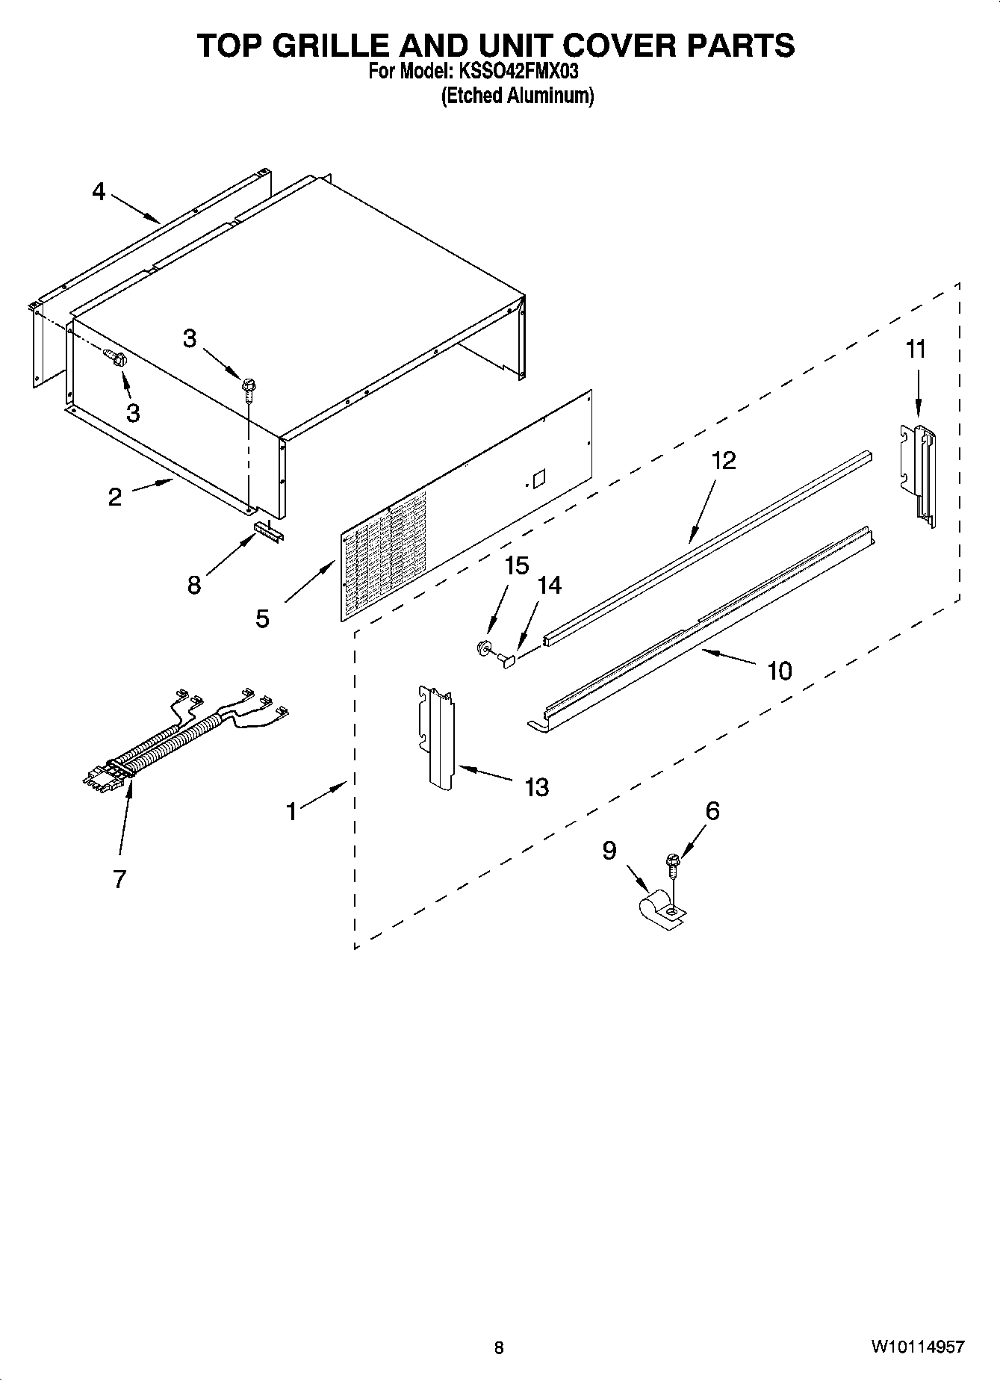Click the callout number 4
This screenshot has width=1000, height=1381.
click(x=99, y=192)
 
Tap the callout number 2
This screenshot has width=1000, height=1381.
click(x=114, y=497)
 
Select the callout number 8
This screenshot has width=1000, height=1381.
click(x=194, y=585)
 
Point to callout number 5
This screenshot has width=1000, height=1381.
click(x=262, y=618)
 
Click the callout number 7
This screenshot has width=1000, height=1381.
click(x=119, y=879)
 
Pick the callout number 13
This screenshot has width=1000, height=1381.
click(x=536, y=786)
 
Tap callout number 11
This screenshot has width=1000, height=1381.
click(x=916, y=349)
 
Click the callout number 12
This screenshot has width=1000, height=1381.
click(x=724, y=460)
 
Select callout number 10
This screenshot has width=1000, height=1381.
click(x=779, y=671)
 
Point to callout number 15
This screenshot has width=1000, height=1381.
click(x=517, y=565)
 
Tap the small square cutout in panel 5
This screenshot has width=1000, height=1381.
click(x=539, y=479)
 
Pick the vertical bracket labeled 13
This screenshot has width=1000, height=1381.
click(x=438, y=736)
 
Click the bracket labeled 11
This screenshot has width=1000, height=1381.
click(x=919, y=474)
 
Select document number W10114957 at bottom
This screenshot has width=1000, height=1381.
click(x=916, y=1347)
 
